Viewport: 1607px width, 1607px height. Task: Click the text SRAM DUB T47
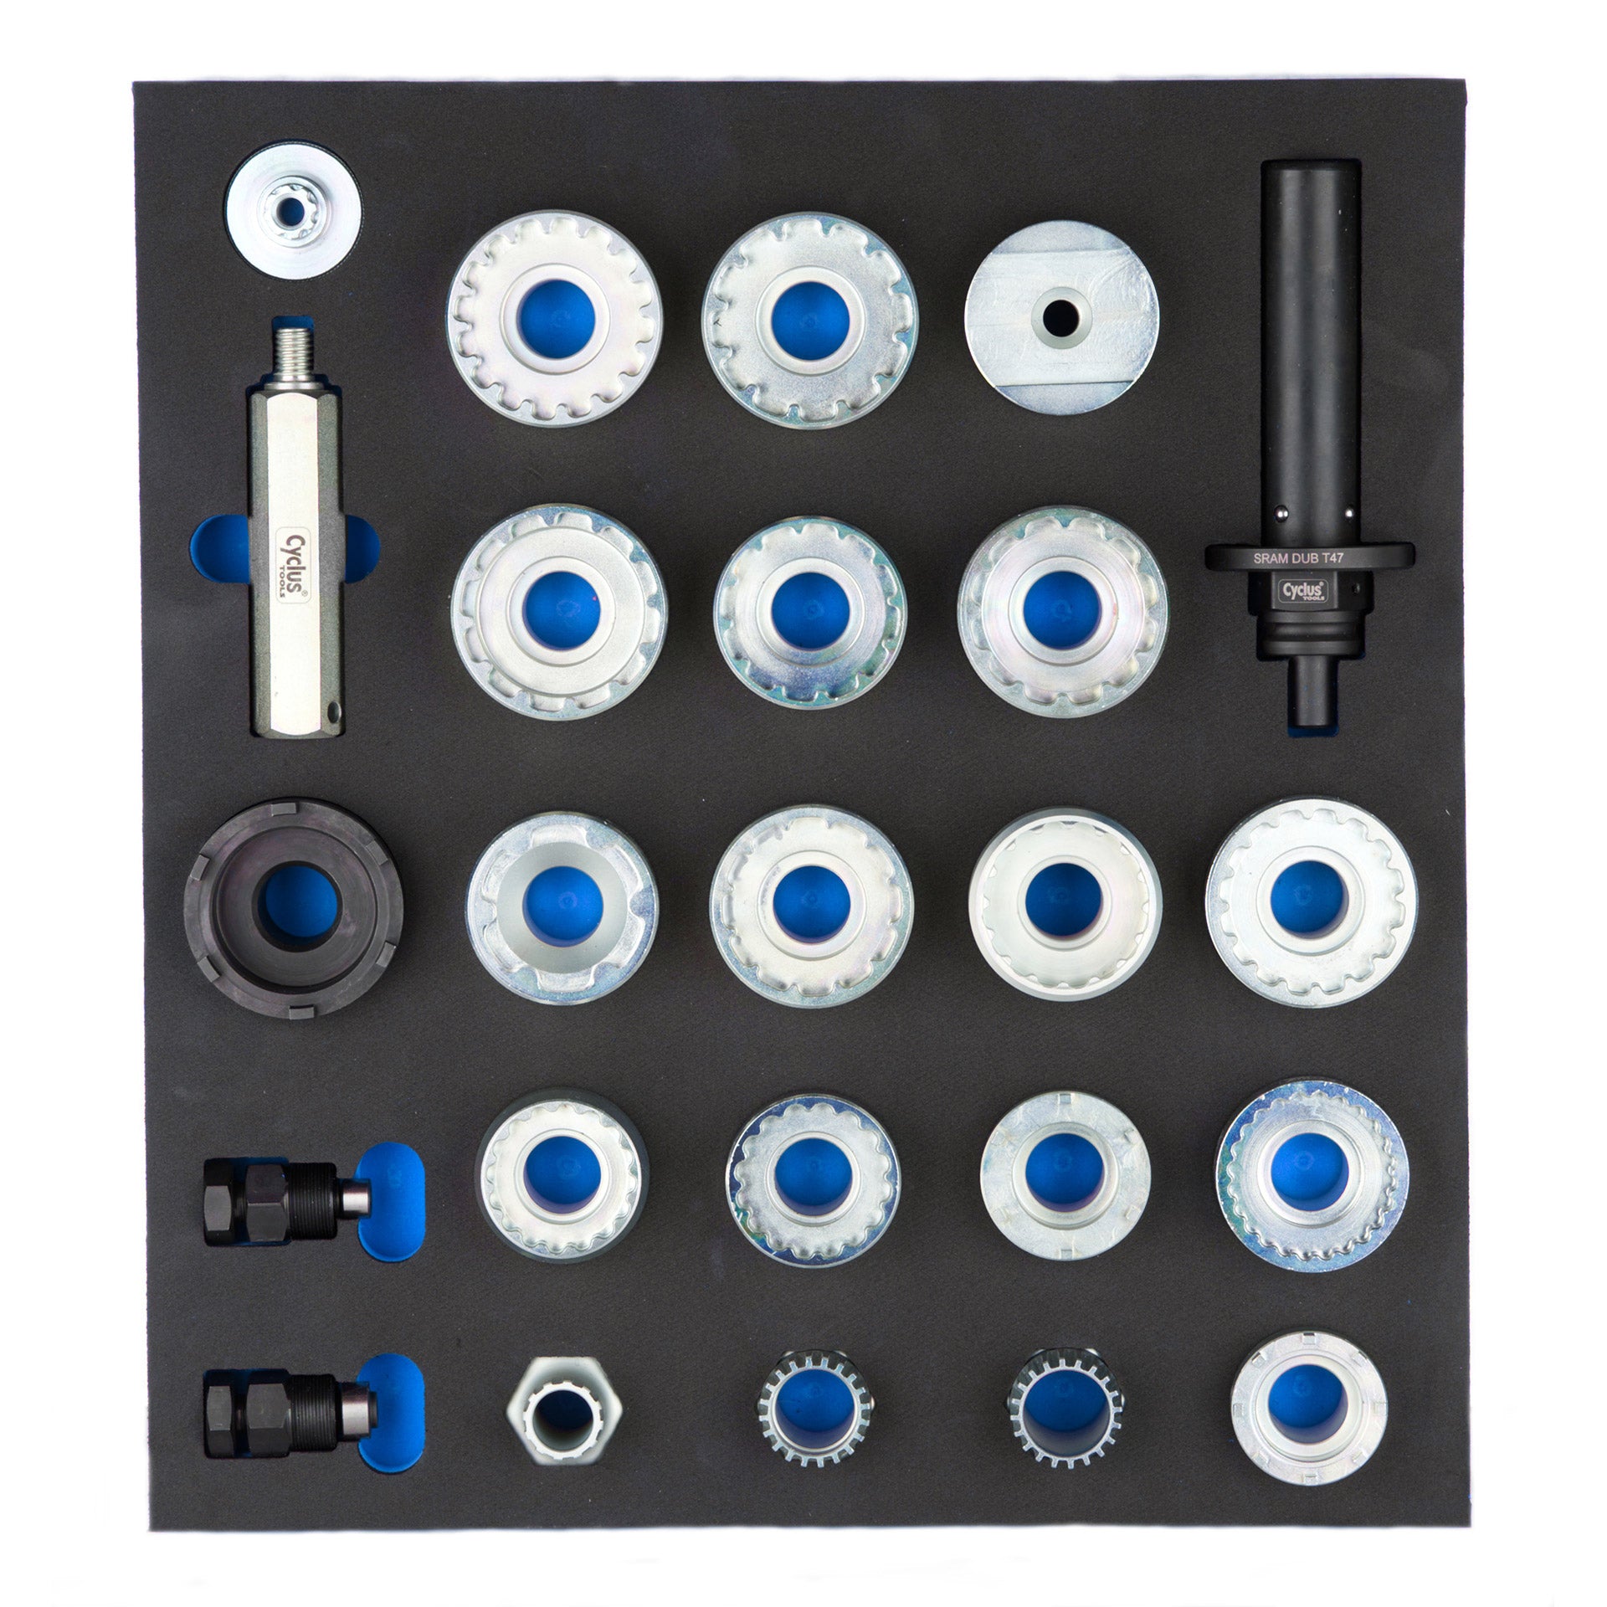[1309, 557]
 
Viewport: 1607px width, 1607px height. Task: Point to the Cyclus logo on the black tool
[1308, 592]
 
